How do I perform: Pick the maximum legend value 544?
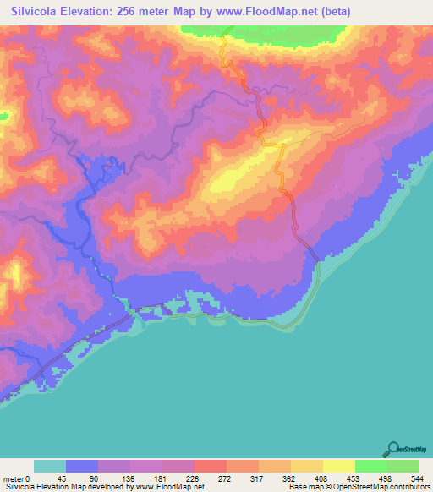pos(418,478)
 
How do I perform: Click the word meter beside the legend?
pos(12,478)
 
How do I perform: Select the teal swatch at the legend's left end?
pos(50,467)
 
